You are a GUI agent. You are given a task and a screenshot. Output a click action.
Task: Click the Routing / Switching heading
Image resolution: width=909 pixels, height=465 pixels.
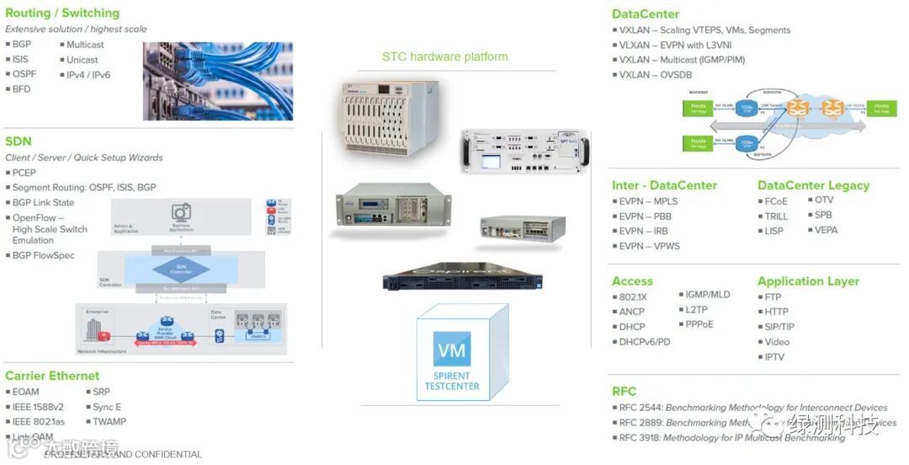62,13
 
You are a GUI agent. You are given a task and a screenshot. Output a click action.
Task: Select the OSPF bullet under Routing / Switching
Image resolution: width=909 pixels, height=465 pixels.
24,74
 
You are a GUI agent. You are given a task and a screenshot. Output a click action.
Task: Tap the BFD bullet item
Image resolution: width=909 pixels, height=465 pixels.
21,88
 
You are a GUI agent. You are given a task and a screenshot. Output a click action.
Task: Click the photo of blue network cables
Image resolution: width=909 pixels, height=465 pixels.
217,81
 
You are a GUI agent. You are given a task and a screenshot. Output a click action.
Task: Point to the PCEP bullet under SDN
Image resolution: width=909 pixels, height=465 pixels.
24,173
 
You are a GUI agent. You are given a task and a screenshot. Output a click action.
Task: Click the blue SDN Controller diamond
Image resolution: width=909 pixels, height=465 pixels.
180,269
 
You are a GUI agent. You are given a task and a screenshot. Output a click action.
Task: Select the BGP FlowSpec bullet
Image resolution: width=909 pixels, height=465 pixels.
43,255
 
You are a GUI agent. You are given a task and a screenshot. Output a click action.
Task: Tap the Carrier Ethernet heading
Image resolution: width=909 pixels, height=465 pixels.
52,376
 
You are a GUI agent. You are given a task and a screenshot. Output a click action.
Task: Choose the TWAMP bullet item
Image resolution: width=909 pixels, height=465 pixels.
109,422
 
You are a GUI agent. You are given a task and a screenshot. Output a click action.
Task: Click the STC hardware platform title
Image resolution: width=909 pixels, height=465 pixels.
444,57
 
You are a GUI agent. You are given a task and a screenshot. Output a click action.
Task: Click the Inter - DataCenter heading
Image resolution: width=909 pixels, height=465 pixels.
664,185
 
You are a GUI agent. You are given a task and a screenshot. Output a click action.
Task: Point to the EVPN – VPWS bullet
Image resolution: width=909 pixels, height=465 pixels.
649,246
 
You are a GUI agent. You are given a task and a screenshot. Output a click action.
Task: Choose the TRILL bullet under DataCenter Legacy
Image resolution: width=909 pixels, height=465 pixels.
776,216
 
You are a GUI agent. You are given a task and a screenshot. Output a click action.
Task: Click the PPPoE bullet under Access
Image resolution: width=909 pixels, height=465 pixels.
699,324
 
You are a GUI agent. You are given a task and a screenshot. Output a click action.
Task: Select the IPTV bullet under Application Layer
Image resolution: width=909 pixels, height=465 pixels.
773,357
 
